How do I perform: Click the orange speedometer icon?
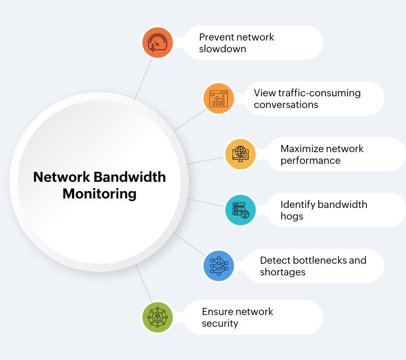pyautogui.click(x=157, y=42)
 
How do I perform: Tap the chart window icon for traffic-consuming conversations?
pyautogui.click(x=219, y=98)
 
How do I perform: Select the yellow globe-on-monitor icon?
pyautogui.click(x=240, y=154)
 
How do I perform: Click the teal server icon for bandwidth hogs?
pyautogui.click(x=240, y=210)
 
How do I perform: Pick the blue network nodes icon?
pyautogui.click(x=219, y=265)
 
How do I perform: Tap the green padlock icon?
pyautogui.click(x=157, y=317)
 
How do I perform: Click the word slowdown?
pyautogui.click(x=223, y=49)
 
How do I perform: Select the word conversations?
pyautogui.click(x=286, y=105)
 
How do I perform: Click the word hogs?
pyautogui.click(x=292, y=216)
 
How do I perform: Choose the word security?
pyautogui.click(x=220, y=324)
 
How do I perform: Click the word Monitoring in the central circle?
pyautogui.click(x=99, y=194)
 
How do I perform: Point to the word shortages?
pyautogui.click(x=282, y=272)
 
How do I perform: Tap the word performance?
pyautogui.click(x=310, y=161)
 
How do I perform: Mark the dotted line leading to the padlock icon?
pyautogui.click(x=143, y=283)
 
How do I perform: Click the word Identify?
pyautogui.click(x=296, y=204)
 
